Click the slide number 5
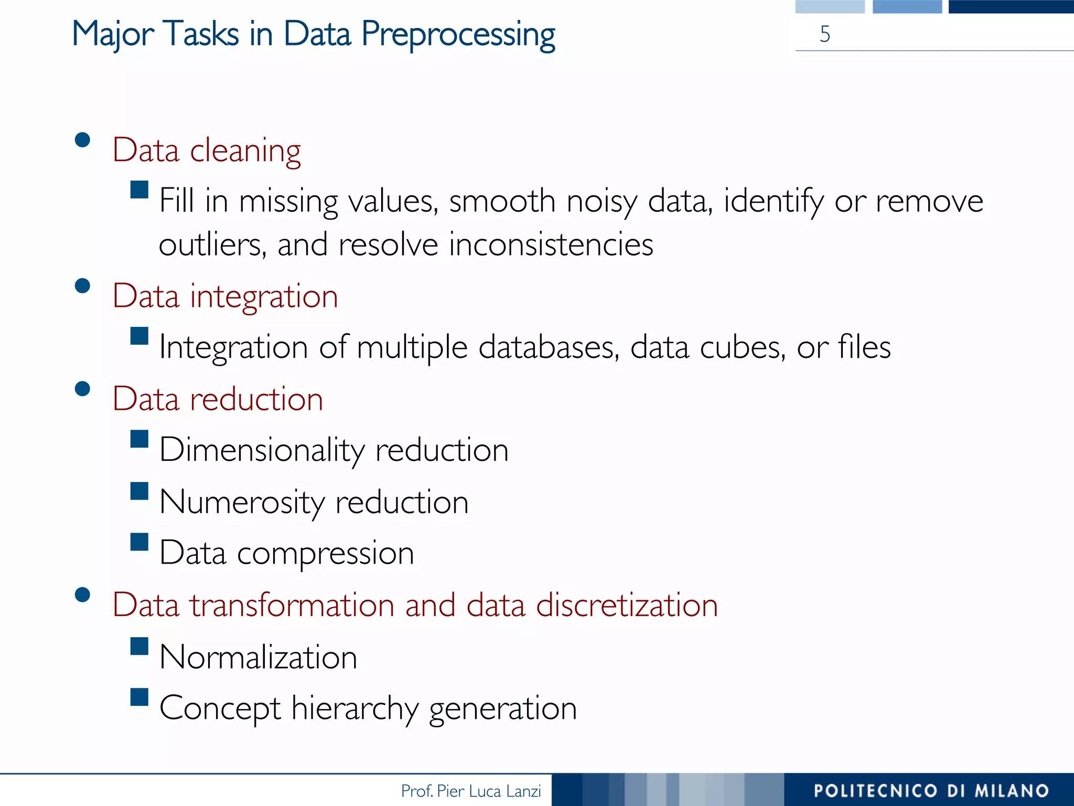click(x=825, y=34)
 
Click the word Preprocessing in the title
click(x=458, y=35)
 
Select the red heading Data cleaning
click(x=207, y=151)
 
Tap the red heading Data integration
click(x=225, y=296)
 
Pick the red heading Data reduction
click(x=218, y=399)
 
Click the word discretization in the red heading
click(x=627, y=605)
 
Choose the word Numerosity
click(x=242, y=502)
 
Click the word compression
click(x=325, y=554)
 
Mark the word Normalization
click(x=258, y=657)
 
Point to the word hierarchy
click(x=355, y=708)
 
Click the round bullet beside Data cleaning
click(x=82, y=140)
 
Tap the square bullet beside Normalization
click(x=139, y=646)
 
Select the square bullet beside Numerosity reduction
click(x=139, y=492)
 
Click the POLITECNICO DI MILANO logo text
click(x=931, y=791)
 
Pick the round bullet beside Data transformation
click(x=82, y=595)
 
